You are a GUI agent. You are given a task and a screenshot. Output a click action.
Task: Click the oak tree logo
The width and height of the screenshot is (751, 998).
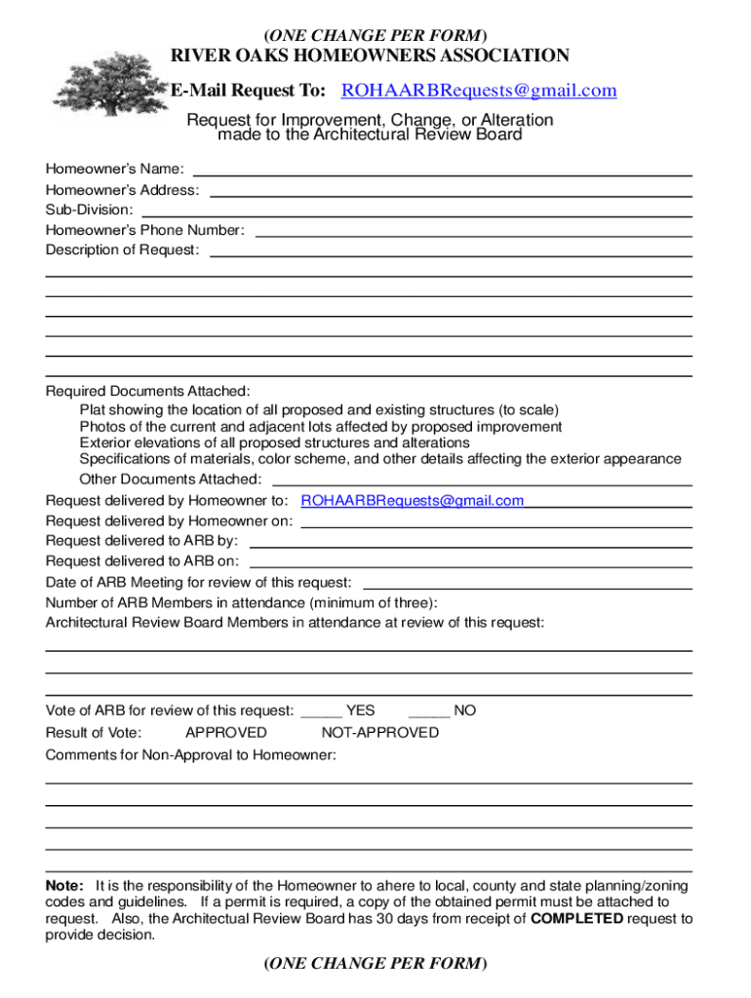[106, 74]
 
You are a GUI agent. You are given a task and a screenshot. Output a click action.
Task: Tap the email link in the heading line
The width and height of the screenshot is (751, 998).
[478, 91]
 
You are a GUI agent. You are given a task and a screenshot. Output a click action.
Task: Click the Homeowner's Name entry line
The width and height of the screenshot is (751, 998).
[441, 172]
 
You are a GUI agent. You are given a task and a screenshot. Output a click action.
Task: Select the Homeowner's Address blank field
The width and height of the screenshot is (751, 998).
[451, 192]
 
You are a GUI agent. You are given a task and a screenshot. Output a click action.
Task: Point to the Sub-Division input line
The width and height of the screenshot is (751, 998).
[416, 211]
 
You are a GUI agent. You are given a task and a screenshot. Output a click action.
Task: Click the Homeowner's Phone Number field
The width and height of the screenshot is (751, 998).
[473, 232]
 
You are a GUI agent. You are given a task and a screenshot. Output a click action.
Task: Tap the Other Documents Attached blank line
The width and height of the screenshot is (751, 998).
[482, 481]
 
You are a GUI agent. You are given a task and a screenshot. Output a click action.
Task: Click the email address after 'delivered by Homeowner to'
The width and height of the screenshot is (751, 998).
[412, 501]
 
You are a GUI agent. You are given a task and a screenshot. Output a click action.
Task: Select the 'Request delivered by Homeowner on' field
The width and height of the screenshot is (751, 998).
[496, 523]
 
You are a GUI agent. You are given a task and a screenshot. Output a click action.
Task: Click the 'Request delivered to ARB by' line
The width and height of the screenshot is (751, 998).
[471, 543]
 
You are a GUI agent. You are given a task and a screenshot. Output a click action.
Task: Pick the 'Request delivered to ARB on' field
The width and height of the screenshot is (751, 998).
[471, 563]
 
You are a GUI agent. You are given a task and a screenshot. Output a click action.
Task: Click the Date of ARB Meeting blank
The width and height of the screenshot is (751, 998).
[527, 585]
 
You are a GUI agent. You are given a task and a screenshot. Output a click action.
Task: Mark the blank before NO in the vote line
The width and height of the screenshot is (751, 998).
[428, 713]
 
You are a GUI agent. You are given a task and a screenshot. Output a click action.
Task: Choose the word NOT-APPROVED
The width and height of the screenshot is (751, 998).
[379, 733]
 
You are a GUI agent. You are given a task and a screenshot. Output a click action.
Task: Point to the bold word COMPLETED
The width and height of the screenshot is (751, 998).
[576, 918]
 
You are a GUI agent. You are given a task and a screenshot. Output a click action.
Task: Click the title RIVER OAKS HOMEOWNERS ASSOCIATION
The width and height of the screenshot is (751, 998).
[370, 56]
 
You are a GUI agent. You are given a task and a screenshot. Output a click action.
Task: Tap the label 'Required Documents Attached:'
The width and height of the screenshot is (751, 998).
[147, 391]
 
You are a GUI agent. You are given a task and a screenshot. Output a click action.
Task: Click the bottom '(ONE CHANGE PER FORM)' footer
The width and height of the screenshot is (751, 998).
[375, 964]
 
